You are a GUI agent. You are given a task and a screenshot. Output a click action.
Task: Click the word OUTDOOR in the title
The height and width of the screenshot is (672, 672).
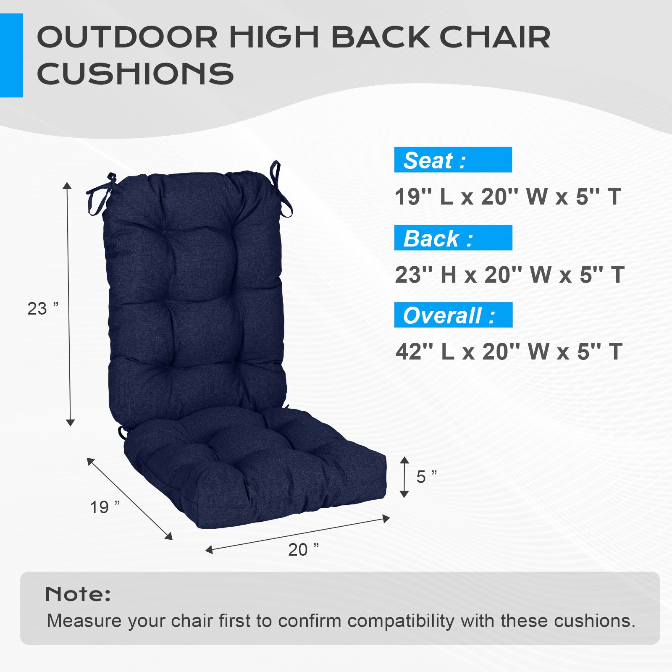[127, 37]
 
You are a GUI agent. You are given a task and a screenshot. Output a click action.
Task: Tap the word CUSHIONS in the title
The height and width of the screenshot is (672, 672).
[135, 74]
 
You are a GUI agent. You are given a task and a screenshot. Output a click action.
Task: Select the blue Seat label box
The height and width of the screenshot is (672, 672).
[453, 160]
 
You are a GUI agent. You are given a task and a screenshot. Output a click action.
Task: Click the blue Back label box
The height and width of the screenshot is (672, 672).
[453, 238]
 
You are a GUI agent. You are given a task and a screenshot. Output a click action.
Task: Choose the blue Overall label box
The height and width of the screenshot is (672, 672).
[453, 315]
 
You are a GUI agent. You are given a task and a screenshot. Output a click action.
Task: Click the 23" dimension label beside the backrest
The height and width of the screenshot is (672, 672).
[42, 309]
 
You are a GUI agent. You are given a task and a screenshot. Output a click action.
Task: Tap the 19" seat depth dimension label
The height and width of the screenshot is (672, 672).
[105, 507]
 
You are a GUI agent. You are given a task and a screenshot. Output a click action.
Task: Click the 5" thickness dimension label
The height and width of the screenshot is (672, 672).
[426, 477]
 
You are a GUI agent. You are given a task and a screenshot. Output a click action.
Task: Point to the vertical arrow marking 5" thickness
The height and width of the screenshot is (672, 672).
[404, 477]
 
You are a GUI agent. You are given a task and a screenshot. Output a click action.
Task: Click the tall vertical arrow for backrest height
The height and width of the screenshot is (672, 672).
[69, 304]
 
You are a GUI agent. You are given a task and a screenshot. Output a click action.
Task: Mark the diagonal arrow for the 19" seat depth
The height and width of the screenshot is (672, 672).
[129, 499]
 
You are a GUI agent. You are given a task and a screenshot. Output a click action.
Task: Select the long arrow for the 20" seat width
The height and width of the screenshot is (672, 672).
[297, 534]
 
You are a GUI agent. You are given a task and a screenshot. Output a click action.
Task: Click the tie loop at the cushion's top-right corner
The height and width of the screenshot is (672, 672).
[280, 189]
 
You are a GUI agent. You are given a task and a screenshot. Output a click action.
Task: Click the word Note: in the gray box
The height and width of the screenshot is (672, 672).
[78, 594]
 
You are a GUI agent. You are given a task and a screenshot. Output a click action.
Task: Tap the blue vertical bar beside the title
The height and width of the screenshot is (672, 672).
[11, 55]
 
